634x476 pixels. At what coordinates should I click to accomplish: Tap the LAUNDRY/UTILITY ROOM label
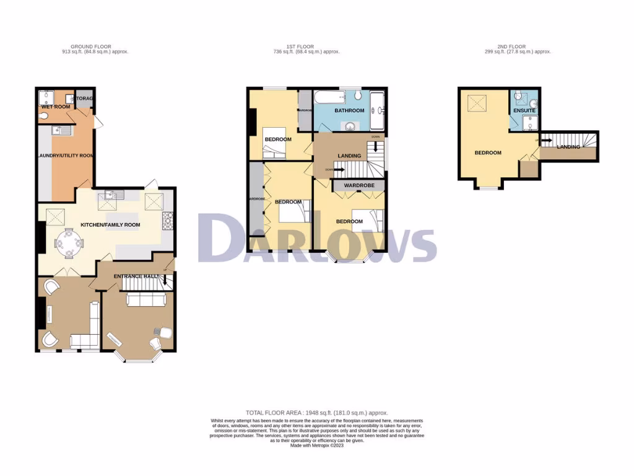[65, 156]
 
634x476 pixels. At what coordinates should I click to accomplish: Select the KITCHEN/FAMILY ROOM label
[111, 225]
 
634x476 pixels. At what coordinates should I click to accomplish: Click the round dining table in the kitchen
[69, 244]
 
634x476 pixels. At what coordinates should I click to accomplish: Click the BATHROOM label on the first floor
[349, 110]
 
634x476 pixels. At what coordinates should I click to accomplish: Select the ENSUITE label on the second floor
[524, 111]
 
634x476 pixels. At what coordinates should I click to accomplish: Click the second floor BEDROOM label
[488, 152]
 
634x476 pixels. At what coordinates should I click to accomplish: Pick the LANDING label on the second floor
[568, 147]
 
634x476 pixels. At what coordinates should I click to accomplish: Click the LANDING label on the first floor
[350, 156]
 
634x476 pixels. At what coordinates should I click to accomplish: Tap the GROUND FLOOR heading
[90, 46]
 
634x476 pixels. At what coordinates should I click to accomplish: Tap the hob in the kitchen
[167, 218]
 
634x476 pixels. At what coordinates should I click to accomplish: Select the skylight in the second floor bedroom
[477, 104]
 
